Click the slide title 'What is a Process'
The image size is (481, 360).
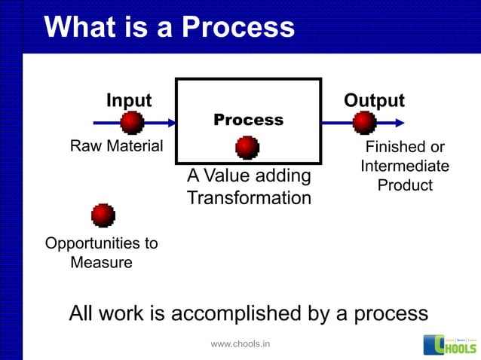[170, 28]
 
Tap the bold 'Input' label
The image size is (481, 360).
[128, 101]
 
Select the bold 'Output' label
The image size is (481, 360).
[374, 101]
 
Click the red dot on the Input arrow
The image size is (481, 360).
[132, 122]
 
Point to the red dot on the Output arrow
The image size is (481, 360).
[365, 122]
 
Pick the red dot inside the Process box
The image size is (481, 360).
[247, 147]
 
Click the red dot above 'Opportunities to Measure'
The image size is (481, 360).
[103, 215]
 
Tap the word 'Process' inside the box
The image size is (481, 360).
[248, 121]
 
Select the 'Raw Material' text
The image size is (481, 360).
[116, 146]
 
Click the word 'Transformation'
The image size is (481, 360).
[249, 199]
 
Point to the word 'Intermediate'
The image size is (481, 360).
[405, 166]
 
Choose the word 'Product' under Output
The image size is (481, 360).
[405, 185]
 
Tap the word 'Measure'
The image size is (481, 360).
[101, 263]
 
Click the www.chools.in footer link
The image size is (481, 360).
[240, 344]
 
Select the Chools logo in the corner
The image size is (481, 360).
[449, 344]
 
